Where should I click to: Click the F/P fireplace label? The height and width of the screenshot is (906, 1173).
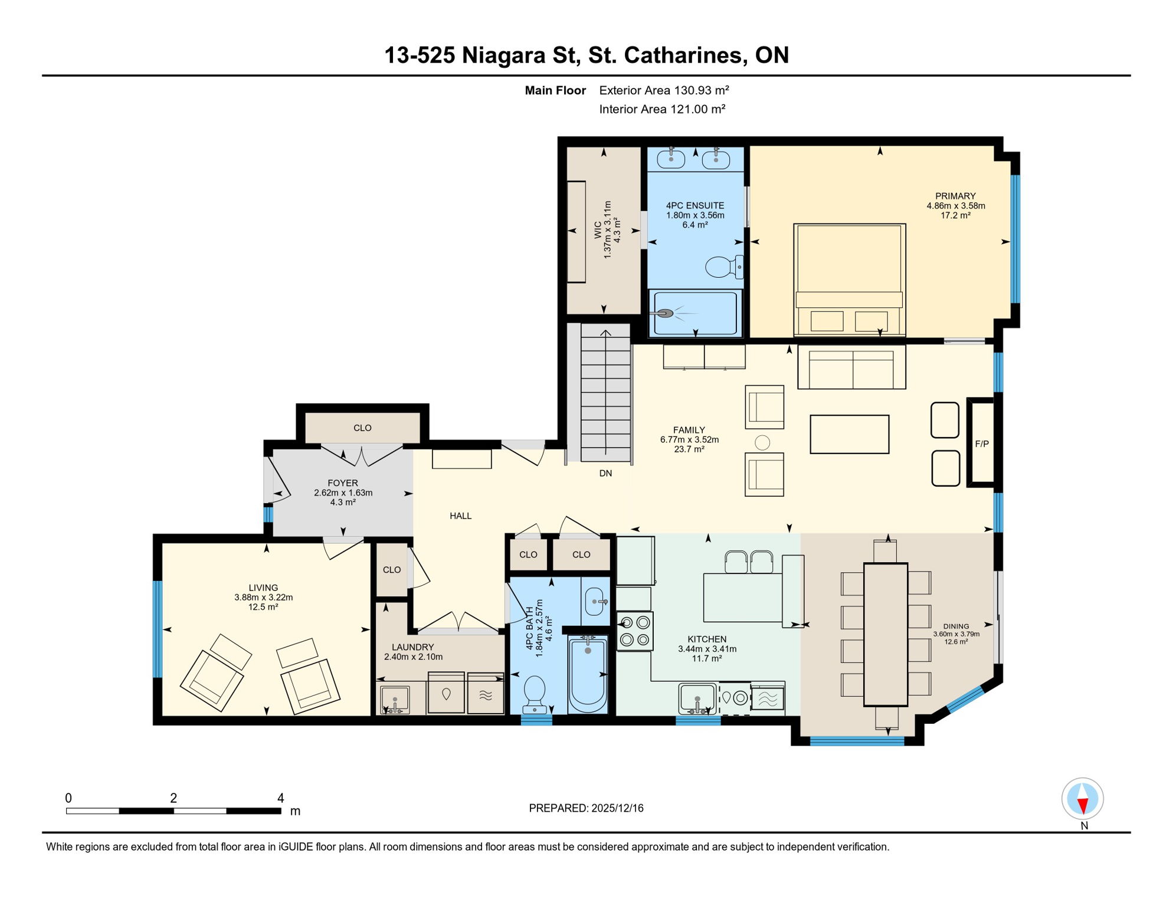coord(982,444)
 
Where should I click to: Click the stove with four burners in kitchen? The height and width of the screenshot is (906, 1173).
coord(635,631)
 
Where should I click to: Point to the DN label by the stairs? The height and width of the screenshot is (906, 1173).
coord(605,474)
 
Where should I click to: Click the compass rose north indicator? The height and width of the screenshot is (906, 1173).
coord(1083,799)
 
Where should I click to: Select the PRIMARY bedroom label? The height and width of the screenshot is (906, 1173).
coord(955,196)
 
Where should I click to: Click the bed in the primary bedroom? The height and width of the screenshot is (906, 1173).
coord(849,280)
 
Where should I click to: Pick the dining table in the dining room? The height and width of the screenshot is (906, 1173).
coord(886,635)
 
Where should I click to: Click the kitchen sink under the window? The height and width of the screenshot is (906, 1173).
coord(697,698)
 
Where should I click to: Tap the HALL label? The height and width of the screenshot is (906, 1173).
coord(460,516)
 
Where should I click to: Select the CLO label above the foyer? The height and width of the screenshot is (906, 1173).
coord(362,428)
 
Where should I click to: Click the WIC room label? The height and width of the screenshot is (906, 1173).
coord(598,229)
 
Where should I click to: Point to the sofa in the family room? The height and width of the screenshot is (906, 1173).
coord(851,367)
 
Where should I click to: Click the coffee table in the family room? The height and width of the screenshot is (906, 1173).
coord(849,434)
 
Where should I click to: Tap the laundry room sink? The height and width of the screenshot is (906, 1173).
coord(395,700)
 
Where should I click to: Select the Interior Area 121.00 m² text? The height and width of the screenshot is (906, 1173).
coord(662,109)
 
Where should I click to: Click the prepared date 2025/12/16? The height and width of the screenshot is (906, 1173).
coord(617,809)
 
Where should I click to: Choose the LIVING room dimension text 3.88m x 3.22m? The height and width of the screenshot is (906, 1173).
coord(263,598)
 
